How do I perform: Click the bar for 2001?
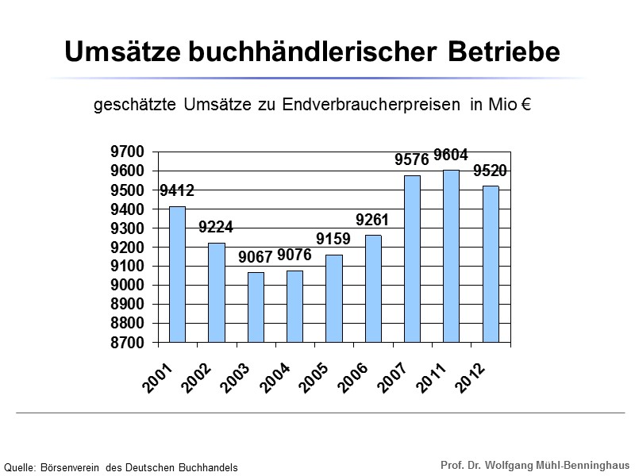pyautogui.click(x=177, y=274)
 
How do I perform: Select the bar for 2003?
pyautogui.click(x=256, y=307)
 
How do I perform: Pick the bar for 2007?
pyautogui.click(x=412, y=259)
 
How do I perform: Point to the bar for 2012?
pyautogui.click(x=490, y=264)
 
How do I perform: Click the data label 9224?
pyautogui.click(x=216, y=228)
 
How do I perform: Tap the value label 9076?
pyautogui.click(x=294, y=255)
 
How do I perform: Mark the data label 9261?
pyautogui.click(x=372, y=220)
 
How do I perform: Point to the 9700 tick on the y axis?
pyautogui.click(x=129, y=152)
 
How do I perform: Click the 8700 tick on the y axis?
pyautogui.click(x=129, y=343)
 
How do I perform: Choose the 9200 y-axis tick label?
pyautogui.click(x=129, y=248)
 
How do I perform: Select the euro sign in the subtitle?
pyautogui.click(x=525, y=106)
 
